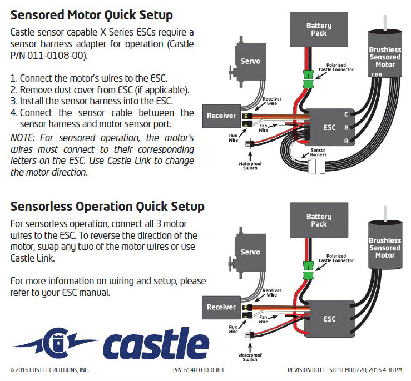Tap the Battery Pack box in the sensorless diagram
(318, 220)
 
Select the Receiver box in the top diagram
(221, 116)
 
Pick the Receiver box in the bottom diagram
(221, 307)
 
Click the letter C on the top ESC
(346, 114)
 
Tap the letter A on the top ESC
(346, 141)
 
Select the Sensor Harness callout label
(319, 152)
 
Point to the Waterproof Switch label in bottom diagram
(250, 357)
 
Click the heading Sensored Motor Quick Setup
(91, 14)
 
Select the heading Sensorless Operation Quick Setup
(107, 207)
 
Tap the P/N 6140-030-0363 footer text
(199, 370)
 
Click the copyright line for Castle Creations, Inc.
(49, 370)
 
